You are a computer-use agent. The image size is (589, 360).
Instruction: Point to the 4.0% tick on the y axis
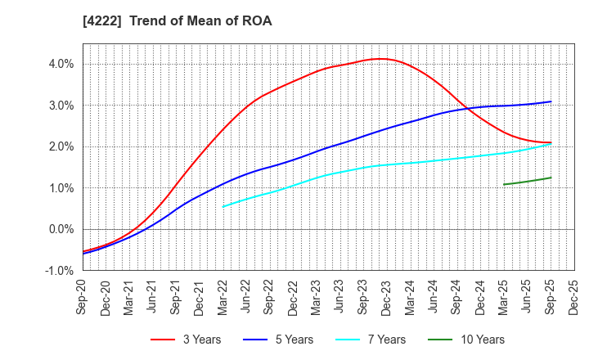(x=61, y=64)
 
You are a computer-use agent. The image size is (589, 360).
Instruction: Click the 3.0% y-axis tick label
(x=61, y=106)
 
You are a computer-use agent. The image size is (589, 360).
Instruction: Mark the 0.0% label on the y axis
(x=61, y=229)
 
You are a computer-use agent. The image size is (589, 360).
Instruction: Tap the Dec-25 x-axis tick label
(x=574, y=297)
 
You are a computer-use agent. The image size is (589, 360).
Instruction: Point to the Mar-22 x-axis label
(x=223, y=297)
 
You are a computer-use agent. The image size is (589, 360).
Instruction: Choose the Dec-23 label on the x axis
(x=387, y=297)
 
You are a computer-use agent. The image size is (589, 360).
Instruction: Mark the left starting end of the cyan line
(x=223, y=206)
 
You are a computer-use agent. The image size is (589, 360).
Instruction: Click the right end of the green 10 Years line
(x=551, y=178)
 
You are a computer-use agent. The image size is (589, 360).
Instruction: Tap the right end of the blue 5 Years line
(x=551, y=101)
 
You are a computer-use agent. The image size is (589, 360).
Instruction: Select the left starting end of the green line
(x=504, y=184)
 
